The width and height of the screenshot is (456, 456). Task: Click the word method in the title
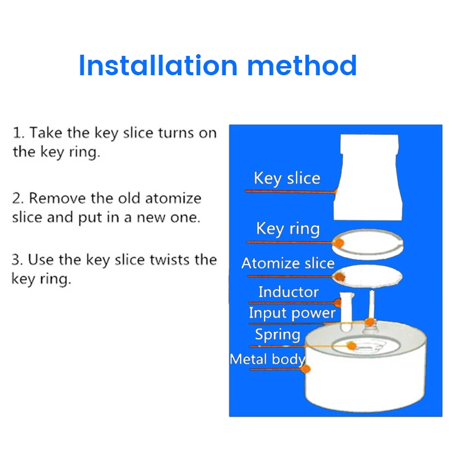(302, 65)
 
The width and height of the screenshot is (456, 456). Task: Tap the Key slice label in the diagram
(287, 178)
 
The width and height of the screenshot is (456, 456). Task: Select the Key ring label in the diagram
(288, 229)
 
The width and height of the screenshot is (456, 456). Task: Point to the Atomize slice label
(288, 263)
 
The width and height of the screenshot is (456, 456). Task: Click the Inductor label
(288, 292)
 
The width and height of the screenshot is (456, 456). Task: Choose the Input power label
(292, 313)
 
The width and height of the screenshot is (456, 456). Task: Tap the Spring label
(278, 335)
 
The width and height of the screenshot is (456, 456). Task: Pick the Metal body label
(267, 359)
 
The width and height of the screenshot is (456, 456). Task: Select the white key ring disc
(368, 244)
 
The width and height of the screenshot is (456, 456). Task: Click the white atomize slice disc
(368, 276)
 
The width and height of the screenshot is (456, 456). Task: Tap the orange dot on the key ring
(339, 243)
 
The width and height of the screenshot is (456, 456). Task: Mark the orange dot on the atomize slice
(339, 276)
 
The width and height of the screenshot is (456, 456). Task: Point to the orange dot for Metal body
(306, 369)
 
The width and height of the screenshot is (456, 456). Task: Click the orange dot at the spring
(352, 345)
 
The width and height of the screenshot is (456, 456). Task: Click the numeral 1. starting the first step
(18, 133)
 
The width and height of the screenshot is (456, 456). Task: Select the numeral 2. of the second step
(18, 198)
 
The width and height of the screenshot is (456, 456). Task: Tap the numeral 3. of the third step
(18, 260)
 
